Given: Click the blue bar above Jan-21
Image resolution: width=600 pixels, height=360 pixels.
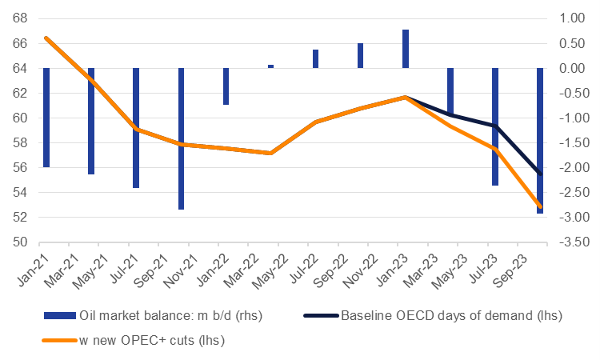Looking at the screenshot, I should pos(46,118).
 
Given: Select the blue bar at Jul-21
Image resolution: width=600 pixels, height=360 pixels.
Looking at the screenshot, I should pos(136,128).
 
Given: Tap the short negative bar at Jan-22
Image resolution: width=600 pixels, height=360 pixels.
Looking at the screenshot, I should pos(226,86).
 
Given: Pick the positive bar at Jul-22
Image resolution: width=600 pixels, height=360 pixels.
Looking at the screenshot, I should pos(316,58).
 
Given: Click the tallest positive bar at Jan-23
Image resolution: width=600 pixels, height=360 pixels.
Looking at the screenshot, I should pos(406,49).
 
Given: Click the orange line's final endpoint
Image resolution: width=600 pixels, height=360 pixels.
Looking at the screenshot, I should pos(540,206).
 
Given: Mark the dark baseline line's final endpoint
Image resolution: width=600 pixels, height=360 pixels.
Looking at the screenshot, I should pos(540,174).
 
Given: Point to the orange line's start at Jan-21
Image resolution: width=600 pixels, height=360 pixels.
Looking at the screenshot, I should pos(46,38).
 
